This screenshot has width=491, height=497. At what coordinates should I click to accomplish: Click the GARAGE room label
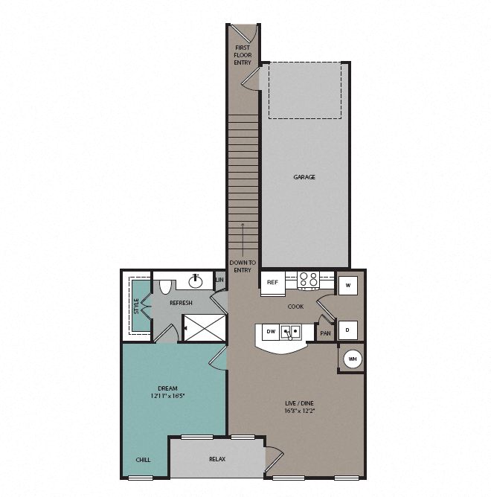(304, 177)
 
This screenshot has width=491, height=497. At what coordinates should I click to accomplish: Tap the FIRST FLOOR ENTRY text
(243, 55)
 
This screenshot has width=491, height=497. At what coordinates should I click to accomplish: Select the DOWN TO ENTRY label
(243, 266)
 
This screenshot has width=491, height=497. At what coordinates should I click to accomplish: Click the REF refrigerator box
(272, 283)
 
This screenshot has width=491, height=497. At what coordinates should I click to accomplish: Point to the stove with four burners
(308, 280)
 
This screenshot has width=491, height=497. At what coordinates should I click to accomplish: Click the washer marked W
(348, 284)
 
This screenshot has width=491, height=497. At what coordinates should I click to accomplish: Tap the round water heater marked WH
(353, 359)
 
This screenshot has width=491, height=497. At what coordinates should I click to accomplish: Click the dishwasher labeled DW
(271, 332)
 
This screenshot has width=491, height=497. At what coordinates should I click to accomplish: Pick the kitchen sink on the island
(291, 332)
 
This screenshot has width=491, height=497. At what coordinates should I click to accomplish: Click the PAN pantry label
(325, 334)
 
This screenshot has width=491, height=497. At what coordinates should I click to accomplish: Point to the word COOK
(296, 306)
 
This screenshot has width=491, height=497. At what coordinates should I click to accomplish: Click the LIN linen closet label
(219, 280)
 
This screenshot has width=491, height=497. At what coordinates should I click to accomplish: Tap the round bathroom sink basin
(196, 280)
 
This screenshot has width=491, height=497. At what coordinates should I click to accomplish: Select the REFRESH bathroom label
(181, 303)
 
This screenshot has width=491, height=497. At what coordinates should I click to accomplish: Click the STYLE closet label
(136, 305)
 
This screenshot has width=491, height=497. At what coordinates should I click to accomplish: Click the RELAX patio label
(217, 460)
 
